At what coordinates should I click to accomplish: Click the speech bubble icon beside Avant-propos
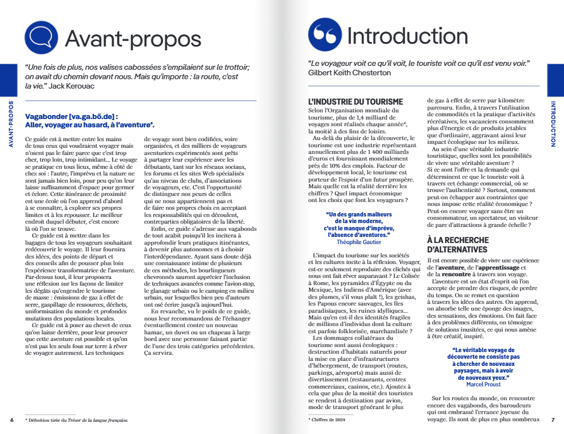point(42,37)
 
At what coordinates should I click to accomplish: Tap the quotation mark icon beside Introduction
point(325,35)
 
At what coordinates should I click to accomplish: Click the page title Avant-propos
point(133,38)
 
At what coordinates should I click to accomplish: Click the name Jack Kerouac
point(71,86)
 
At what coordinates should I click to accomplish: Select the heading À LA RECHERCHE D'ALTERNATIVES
point(458,245)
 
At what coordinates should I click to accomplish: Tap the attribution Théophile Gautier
point(358,242)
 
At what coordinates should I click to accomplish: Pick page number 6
point(12,420)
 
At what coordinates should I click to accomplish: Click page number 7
point(552,420)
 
